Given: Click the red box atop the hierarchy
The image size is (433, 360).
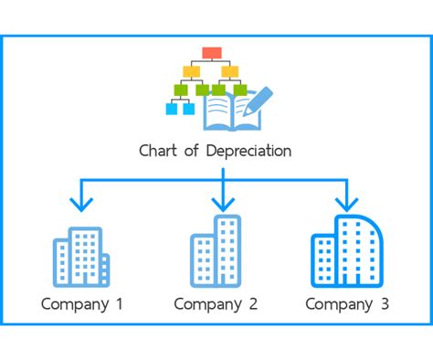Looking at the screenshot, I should click(212, 51).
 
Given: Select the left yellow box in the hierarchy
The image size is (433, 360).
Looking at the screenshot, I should click(193, 70).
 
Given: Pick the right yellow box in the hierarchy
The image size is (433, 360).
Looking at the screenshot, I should click(230, 70).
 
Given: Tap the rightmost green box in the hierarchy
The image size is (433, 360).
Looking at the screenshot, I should click(240, 90).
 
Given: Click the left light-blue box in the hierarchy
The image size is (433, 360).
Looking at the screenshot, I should click(171, 109).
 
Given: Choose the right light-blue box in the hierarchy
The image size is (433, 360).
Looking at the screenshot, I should click(189, 109).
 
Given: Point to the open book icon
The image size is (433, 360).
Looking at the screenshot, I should click(224, 113).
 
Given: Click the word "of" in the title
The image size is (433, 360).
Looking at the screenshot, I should click(190, 151).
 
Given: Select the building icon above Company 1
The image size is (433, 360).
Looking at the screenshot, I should click(80, 255).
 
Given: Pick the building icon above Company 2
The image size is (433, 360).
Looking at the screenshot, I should click(216, 251).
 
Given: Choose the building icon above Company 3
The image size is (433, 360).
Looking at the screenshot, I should click(347, 251).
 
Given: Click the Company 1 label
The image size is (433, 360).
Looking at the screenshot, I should click(81, 304).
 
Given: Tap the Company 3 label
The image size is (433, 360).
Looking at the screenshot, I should click(347, 304).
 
